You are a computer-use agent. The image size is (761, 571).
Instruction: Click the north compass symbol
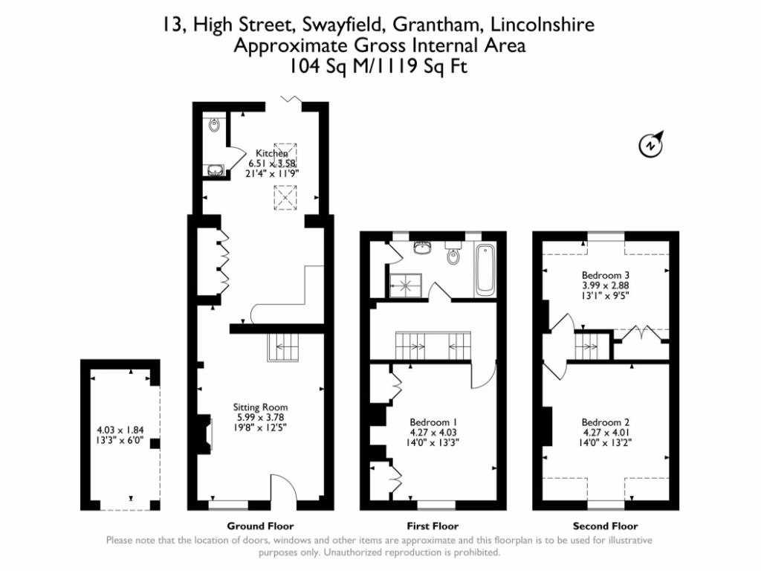tap(652, 144)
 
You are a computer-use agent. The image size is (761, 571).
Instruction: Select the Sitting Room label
tap(260, 407)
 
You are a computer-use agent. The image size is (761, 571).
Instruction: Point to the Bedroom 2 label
tap(606, 422)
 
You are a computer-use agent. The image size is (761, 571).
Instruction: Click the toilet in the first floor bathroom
tap(453, 254)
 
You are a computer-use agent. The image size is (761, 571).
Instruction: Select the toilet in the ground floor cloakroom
tap(214, 126)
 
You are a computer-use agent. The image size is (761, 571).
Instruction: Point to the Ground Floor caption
tap(260, 526)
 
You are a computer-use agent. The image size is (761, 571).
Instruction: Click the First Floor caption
tap(433, 526)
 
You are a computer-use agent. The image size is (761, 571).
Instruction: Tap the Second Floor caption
tap(605, 526)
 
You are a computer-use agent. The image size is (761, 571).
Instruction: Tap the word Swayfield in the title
tap(340, 25)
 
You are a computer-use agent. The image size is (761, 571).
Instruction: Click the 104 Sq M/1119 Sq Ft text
tap(380, 66)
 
